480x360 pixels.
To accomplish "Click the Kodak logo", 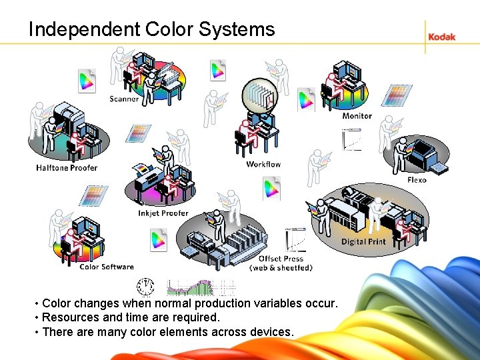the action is coord(441,37).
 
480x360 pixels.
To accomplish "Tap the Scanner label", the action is coord(124,99).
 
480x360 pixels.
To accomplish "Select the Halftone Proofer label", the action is coord(67,168).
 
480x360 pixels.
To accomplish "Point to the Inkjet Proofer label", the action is coord(163,213).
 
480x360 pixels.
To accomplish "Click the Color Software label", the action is coord(107,267).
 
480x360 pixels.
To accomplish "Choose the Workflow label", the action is coord(263,164).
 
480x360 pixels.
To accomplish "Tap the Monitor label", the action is coord(357,116).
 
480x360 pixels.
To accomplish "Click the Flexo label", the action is coord(417,180).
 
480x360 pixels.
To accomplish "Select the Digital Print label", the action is coord(363,241).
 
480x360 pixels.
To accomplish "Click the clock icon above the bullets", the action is coord(145,287).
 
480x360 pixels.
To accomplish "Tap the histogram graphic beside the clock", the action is coord(200,287).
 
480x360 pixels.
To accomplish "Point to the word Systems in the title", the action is coord(244,29).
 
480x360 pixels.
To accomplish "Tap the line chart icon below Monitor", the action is coord(351,139).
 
